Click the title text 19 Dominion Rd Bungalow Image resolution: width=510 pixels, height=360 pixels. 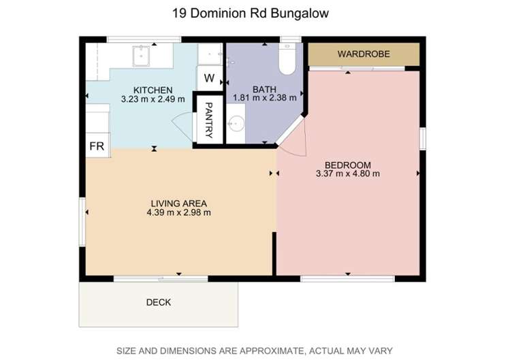coord(250,14)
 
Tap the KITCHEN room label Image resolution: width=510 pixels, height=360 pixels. coord(153,90)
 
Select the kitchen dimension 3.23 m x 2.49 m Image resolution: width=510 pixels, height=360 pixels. coord(153,99)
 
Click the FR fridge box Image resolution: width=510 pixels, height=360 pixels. coord(97,146)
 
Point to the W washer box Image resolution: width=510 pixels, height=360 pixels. coord(210,78)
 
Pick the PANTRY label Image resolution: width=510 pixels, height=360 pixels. coord(209,120)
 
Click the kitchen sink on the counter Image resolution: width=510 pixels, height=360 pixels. coord(141,56)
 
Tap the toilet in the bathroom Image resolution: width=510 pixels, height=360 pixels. coord(287,59)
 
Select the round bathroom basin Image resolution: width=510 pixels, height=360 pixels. coord(236,124)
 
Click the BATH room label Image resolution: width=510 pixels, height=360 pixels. coord(264,89)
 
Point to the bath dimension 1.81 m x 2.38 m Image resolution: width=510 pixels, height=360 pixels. coord(264,97)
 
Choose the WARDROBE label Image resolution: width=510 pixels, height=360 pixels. coord(364,54)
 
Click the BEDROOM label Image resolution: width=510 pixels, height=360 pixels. coord(348,165)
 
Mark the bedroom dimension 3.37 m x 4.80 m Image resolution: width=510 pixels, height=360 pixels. coord(348,174)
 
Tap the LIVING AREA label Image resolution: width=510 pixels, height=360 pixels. coord(178,203)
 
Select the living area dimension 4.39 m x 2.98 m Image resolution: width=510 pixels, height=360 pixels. coord(178,213)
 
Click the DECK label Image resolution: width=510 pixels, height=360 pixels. coord(159,302)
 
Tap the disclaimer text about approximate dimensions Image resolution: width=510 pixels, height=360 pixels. coord(255,351)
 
